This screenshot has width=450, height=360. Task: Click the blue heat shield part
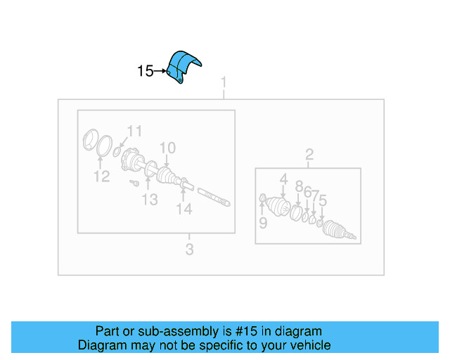[x=184, y=66]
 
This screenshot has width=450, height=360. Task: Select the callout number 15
[x=145, y=71]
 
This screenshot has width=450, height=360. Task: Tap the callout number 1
[x=224, y=82]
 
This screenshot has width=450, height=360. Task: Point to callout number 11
[x=134, y=130]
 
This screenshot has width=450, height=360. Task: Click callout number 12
[x=102, y=176]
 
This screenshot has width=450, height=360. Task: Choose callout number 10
[x=167, y=148]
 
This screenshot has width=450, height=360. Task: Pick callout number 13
[x=149, y=200]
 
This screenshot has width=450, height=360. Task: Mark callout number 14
[x=184, y=209]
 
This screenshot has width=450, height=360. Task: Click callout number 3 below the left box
[x=189, y=249]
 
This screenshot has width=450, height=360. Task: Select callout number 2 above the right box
[x=309, y=155]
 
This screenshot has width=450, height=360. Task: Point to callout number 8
[x=299, y=186]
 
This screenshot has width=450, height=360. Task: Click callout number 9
[x=262, y=223]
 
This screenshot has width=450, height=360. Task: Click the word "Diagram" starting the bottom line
[x=100, y=345]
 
